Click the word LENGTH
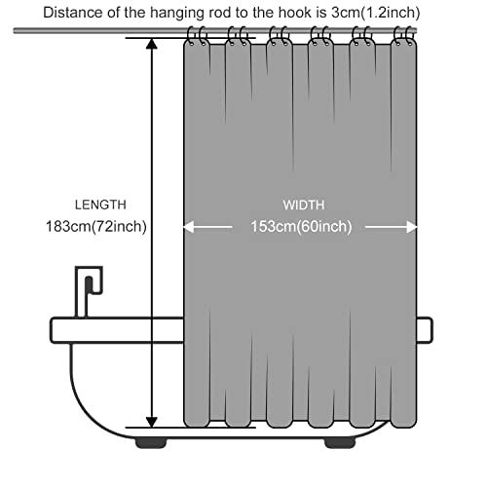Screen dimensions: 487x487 click(x=100, y=205)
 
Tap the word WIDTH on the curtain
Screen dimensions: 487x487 click(x=304, y=205)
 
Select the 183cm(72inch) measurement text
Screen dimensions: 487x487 click(x=96, y=226)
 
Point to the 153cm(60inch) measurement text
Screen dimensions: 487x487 click(x=301, y=226)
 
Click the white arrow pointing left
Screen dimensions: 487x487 click(x=207, y=227)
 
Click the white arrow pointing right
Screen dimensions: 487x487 click(x=392, y=227)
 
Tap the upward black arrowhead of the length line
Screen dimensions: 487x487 click(x=152, y=44)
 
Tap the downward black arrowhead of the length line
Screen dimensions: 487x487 click(x=152, y=422)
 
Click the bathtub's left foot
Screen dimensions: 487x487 click(x=151, y=443)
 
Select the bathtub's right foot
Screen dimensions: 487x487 click(x=340, y=443)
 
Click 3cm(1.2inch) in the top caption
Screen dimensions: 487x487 click(x=376, y=13)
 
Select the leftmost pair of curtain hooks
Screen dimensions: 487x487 click(x=197, y=36)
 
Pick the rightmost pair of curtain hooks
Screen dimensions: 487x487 click(x=404, y=36)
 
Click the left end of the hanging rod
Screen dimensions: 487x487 click(x=15, y=31)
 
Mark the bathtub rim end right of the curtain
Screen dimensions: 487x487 click(x=425, y=330)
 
